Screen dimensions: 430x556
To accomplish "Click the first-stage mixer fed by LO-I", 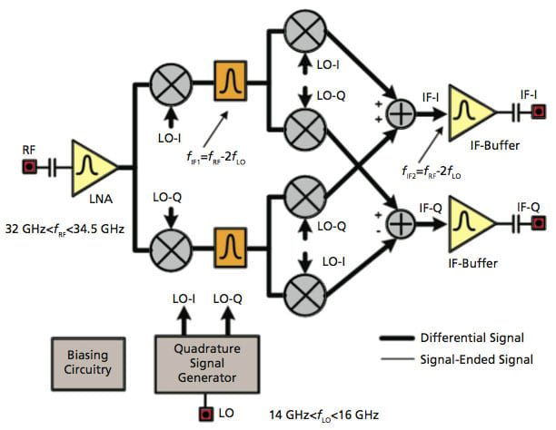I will coord(170,85).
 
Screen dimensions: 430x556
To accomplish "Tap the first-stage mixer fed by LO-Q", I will coord(170,242).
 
